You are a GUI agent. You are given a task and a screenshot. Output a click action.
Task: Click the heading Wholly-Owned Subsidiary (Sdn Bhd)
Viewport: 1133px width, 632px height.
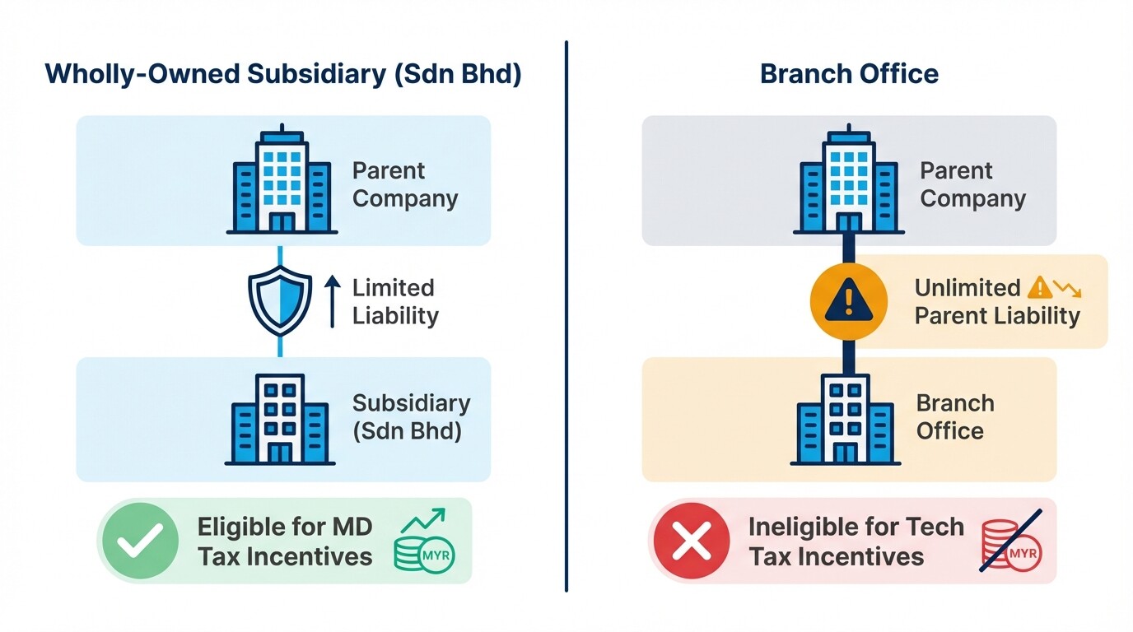(x=283, y=73)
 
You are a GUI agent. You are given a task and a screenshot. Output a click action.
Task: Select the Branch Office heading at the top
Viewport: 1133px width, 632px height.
(x=849, y=73)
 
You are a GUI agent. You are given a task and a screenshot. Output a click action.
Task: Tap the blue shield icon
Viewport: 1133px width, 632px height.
(x=280, y=300)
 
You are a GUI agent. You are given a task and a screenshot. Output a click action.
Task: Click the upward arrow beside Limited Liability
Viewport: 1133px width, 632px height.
(x=332, y=301)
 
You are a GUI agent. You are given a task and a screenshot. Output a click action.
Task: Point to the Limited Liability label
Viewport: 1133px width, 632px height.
(x=394, y=302)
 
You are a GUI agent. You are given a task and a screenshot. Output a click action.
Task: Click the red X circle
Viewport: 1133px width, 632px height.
(x=692, y=541)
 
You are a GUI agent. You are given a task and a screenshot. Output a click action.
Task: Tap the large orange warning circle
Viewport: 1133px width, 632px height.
(x=849, y=302)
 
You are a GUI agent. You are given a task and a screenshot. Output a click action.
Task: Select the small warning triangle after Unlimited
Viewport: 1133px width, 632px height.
(x=1041, y=287)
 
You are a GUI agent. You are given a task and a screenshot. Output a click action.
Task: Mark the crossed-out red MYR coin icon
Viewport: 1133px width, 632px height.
(x=1011, y=542)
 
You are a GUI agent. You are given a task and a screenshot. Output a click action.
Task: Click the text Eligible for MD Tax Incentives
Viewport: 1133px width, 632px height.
(x=285, y=541)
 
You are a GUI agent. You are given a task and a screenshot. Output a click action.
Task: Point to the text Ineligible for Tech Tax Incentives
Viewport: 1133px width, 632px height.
(x=856, y=541)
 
